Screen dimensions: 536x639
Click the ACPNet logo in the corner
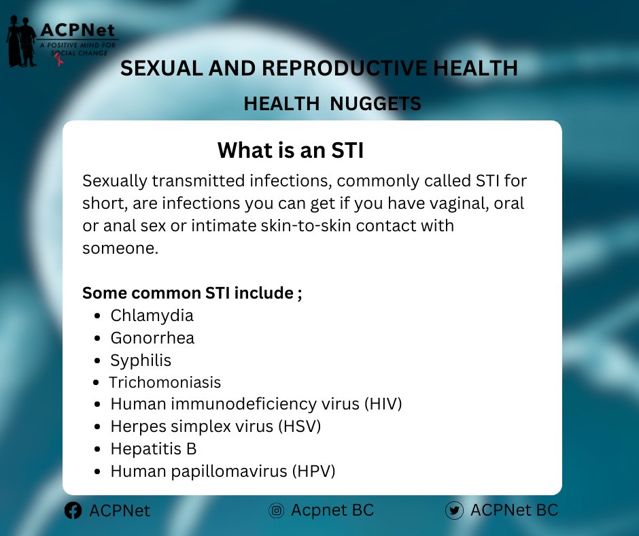coord(61,41)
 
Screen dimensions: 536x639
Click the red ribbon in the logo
coord(60,60)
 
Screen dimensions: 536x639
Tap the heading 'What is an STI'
coord(290,150)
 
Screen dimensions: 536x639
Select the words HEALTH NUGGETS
coord(332,103)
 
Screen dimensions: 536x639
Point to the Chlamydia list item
coord(152,316)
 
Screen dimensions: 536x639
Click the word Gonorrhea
coord(152,338)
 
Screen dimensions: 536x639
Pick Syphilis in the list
coord(141,361)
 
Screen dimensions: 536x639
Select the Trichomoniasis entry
coord(165,382)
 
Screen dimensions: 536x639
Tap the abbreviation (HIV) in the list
coord(383,404)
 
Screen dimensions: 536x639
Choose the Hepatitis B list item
coord(153,449)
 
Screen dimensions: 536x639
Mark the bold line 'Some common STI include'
coord(192,293)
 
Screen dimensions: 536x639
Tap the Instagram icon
coord(276,511)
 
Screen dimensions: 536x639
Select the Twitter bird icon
coord(454,511)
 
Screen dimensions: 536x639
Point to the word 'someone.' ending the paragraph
coord(120,248)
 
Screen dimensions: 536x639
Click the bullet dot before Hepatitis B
coord(98,449)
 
